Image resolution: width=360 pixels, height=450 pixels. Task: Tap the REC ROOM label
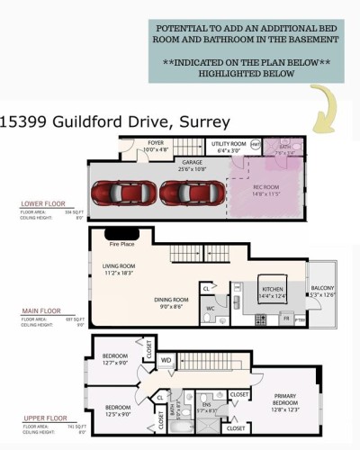coord(266,189)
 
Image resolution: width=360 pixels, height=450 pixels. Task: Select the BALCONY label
coord(321,288)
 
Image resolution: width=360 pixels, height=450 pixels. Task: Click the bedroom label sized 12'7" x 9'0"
coord(114,359)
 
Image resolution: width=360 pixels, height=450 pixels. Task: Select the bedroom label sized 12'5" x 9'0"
coord(114,410)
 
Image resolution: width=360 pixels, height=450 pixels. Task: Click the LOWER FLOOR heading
coord(42,204)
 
